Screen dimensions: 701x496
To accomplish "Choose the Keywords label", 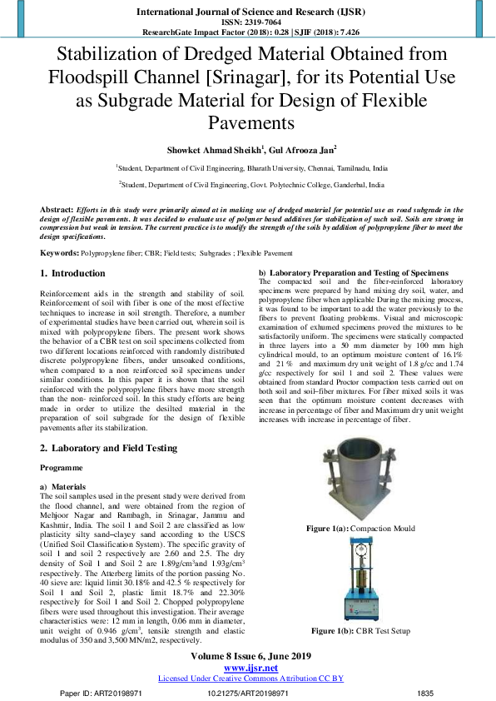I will tap(60, 251).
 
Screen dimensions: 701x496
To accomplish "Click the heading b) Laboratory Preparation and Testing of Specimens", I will tap(353, 273).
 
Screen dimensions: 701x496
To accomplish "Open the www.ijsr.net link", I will tap(250, 668).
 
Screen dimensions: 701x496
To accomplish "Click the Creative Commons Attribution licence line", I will tap(250, 679).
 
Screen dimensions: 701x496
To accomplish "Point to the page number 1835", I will tap(425, 693).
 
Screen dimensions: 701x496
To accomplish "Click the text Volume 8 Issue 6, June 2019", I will tap(250, 657).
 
